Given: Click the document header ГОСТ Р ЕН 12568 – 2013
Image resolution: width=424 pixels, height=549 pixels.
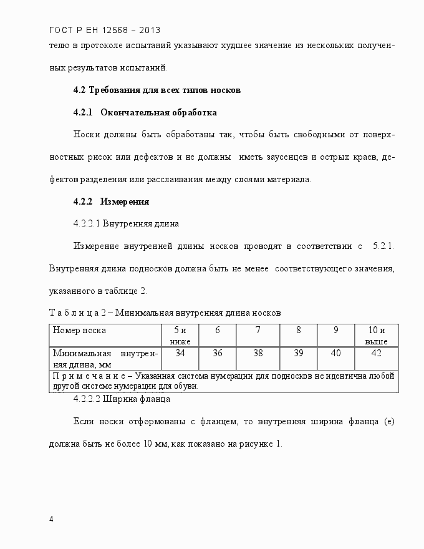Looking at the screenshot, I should tap(104, 29).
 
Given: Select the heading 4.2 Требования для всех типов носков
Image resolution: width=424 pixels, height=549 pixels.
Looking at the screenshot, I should tap(157, 90).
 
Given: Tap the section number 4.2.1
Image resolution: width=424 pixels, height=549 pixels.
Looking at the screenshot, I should tap(83, 113).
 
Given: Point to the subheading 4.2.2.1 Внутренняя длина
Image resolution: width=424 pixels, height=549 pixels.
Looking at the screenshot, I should tap(126, 223).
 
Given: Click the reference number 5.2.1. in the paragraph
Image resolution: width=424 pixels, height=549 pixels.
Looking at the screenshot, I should tap(383, 246).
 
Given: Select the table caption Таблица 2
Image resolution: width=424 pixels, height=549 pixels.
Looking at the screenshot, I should tap(80, 312).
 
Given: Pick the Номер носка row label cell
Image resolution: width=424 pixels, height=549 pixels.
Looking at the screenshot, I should tap(79, 330).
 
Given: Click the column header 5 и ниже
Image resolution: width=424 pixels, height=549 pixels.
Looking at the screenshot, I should tap(180, 335).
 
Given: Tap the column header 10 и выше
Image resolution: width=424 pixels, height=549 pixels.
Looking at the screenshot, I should tap(376, 335).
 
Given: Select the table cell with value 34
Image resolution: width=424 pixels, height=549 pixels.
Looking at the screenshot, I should tap(180, 353).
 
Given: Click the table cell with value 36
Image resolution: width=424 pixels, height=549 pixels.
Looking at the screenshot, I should tap(218, 353).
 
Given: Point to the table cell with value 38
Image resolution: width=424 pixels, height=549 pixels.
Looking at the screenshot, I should tap(258, 353).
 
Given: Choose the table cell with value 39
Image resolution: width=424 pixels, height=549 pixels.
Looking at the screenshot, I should tap(298, 353).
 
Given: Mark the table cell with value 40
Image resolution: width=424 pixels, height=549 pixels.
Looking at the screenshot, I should tap(335, 353).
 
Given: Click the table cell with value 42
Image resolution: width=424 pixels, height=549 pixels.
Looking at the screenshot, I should tap(376, 353).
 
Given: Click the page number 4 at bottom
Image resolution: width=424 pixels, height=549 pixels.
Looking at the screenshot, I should tap(51, 519).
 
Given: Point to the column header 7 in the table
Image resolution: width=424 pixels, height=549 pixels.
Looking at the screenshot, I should tap(258, 330).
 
